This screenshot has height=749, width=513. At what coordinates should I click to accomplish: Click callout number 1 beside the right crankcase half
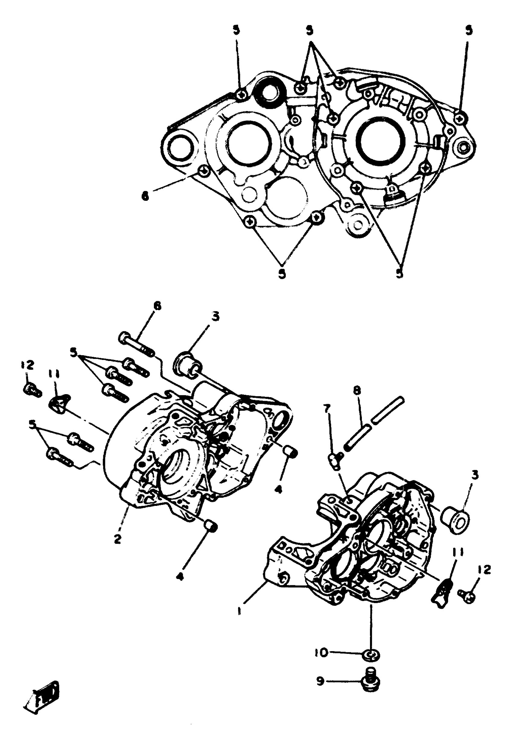tap(239, 610)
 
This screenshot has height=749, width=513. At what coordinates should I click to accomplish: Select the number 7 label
tap(327, 409)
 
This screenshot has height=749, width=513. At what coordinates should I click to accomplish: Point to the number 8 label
tap(357, 391)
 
